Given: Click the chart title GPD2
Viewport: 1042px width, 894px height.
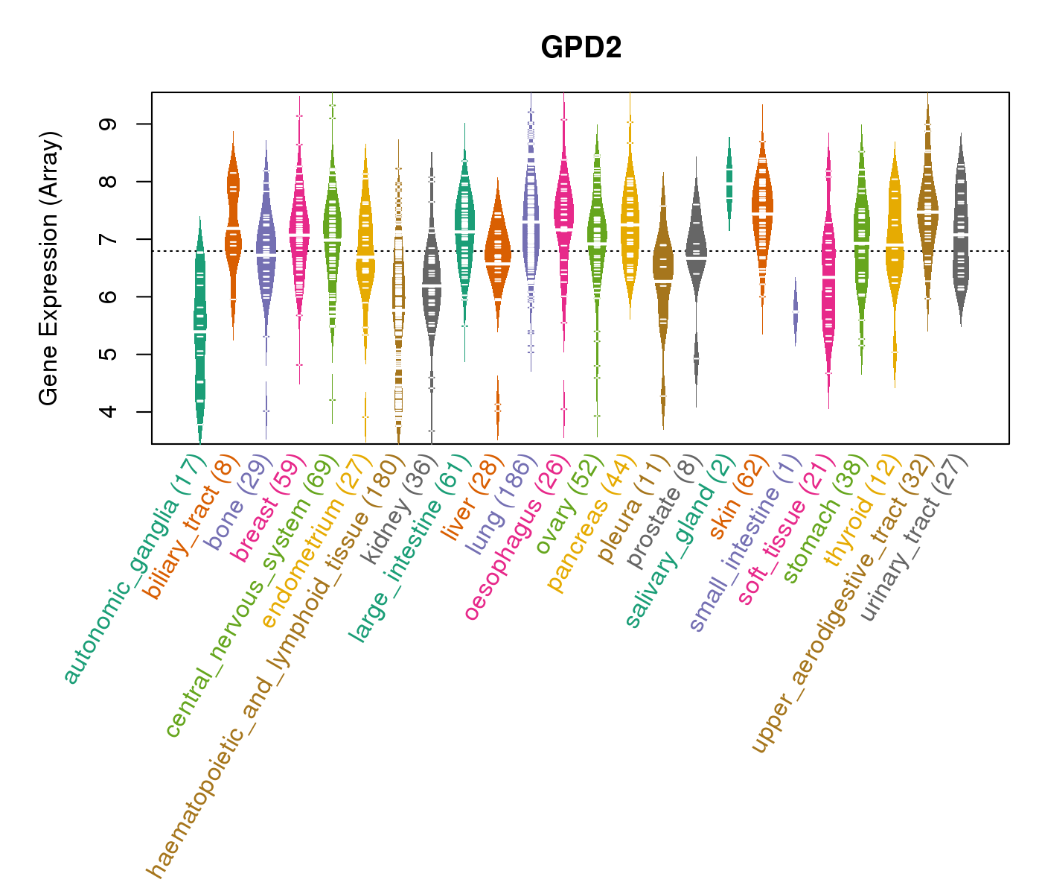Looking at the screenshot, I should [x=581, y=48].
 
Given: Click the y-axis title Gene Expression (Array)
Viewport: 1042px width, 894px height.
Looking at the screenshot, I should [x=49, y=268].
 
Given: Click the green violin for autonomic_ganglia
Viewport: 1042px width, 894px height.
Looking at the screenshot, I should [x=199, y=328].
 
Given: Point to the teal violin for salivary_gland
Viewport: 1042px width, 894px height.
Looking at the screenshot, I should [x=729, y=183].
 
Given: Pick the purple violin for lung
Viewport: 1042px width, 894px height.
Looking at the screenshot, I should [x=531, y=223].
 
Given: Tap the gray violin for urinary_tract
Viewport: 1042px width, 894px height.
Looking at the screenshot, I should [x=961, y=238].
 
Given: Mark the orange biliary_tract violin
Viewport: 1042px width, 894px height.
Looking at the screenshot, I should [x=233, y=223].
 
